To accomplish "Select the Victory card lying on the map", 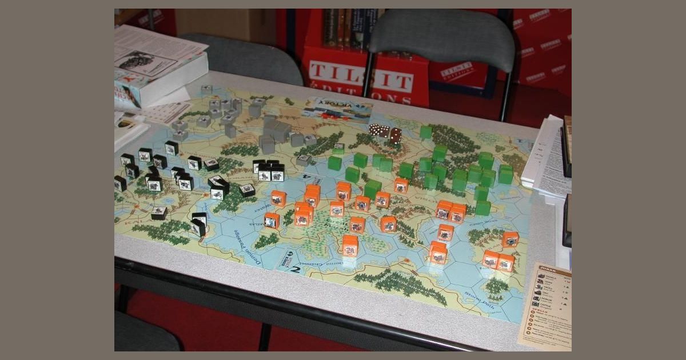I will [337, 109].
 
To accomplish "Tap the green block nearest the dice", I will [425, 132].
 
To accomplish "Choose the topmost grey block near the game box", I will [206, 90].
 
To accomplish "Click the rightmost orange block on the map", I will [510, 239].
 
